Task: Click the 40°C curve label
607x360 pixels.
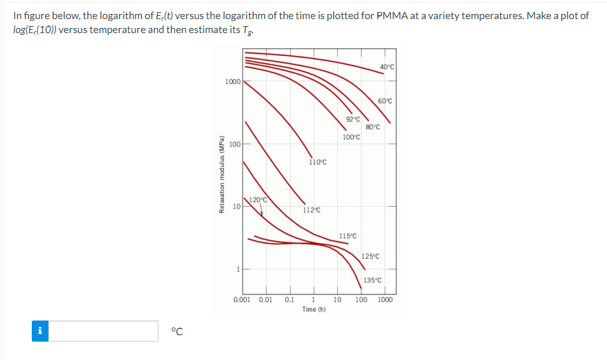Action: click(387, 67)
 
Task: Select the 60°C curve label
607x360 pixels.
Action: click(385, 101)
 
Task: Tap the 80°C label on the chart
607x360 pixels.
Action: click(373, 127)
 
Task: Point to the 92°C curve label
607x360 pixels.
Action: click(353, 119)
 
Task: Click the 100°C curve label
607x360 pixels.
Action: click(351, 137)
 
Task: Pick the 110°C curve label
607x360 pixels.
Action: click(317, 162)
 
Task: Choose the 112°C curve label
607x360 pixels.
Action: click(312, 210)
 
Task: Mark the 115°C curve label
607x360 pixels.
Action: click(347, 236)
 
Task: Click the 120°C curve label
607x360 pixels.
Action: click(257, 200)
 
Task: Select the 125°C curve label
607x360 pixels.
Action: click(370, 256)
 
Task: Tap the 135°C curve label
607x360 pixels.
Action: click(372, 280)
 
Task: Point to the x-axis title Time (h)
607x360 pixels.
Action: click(314, 309)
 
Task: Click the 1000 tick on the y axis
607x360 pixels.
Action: click(232, 81)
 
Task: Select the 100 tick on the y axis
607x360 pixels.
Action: click(234, 144)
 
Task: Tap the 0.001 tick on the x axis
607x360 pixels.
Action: click(242, 300)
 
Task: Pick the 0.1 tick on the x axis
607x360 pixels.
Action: click(290, 300)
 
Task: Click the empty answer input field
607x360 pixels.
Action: click(104, 331)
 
